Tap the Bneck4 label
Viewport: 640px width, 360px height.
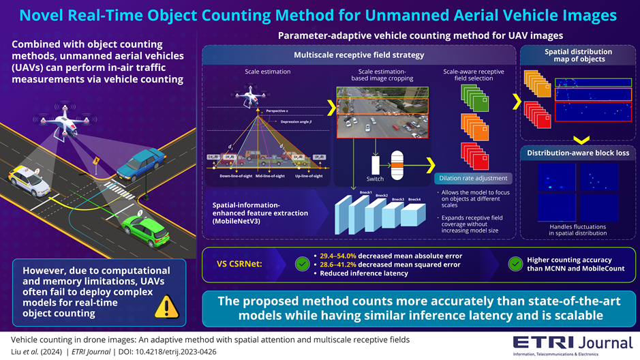[414, 199]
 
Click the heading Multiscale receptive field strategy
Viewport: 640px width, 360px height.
[359, 55]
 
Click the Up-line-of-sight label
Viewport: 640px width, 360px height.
[309, 175]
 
